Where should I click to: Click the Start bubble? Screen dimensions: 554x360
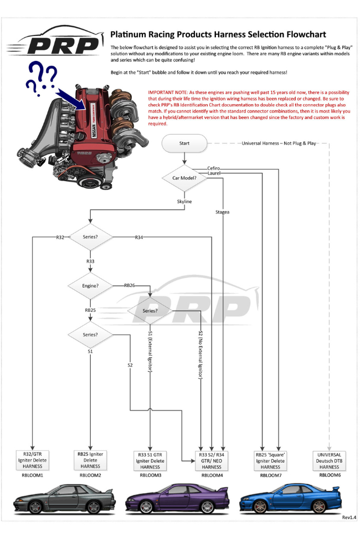pyautogui.click(x=184, y=143)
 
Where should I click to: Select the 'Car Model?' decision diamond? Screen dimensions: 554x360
pyautogui.click(x=184, y=178)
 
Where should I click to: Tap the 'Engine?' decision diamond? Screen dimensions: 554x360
pyautogui.click(x=90, y=286)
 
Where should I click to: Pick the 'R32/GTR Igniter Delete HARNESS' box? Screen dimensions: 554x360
pyautogui.click(x=33, y=460)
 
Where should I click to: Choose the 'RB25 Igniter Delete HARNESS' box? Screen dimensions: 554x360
pyautogui.click(x=90, y=460)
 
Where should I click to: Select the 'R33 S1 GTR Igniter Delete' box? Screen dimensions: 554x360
pyautogui.click(x=150, y=460)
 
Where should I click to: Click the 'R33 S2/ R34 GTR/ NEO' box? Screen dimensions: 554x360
pyautogui.click(x=212, y=460)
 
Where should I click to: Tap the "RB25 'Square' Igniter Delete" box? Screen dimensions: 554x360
pyautogui.click(x=270, y=460)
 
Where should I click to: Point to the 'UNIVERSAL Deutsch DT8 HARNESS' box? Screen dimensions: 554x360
pyautogui.click(x=329, y=460)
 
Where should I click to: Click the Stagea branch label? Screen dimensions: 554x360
pyautogui.click(x=222, y=212)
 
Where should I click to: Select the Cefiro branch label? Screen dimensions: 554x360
pyautogui.click(x=214, y=168)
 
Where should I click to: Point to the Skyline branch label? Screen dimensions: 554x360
pyautogui.click(x=184, y=202)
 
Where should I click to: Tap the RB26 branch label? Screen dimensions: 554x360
pyautogui.click(x=130, y=285)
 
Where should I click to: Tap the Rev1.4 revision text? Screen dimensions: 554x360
pyautogui.click(x=349, y=517)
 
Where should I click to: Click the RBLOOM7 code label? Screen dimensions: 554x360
pyautogui.click(x=270, y=475)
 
